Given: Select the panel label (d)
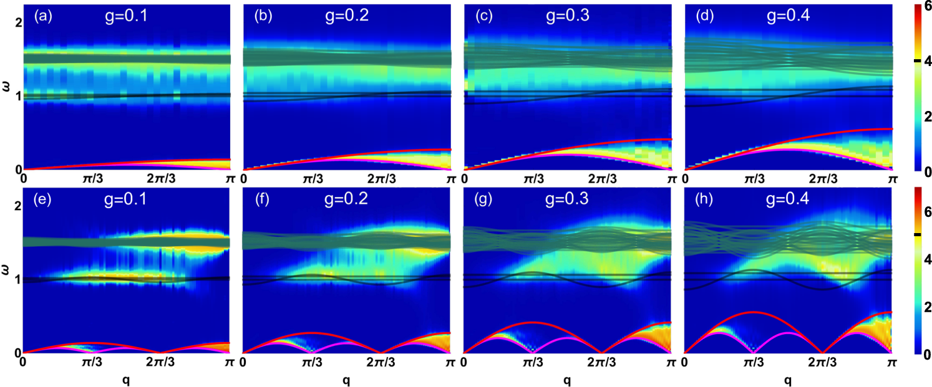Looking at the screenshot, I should (698, 16).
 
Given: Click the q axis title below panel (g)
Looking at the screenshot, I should (566, 380).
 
